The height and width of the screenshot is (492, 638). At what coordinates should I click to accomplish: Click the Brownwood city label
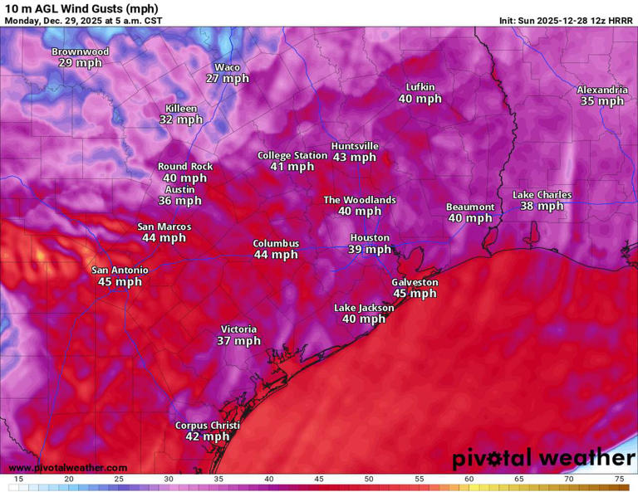(81, 51)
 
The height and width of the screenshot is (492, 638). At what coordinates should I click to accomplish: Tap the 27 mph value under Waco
(228, 79)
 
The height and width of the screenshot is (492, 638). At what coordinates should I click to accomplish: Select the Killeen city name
(181, 109)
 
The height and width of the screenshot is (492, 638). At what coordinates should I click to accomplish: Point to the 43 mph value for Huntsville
(355, 158)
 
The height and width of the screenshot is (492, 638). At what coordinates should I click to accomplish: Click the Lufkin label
(420, 87)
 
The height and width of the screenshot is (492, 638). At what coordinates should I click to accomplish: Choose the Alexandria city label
(602, 90)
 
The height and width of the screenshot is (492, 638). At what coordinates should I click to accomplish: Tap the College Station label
(292, 155)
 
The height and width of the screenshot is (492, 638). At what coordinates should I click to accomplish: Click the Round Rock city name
(185, 167)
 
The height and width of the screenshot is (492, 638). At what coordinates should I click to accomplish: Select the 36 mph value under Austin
(180, 201)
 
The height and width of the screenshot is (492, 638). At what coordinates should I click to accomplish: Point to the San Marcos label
(164, 227)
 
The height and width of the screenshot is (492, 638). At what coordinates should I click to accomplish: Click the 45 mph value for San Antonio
(120, 282)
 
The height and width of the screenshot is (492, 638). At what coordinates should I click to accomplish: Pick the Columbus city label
(276, 243)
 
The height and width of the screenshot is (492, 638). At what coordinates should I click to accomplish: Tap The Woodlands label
(360, 200)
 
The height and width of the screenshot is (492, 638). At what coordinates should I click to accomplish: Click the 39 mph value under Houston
(370, 250)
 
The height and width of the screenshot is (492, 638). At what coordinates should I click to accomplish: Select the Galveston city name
(415, 282)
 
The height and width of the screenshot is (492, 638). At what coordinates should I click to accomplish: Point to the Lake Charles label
(542, 195)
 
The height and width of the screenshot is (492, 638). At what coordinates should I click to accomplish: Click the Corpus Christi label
(207, 426)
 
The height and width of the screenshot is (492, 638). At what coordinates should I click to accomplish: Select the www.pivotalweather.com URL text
(68, 468)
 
